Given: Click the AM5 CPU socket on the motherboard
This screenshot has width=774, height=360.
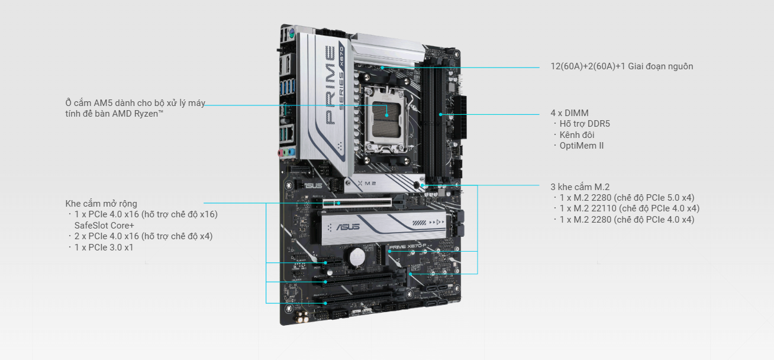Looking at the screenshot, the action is point(386,119).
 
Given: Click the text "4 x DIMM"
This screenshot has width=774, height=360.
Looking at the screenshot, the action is point(569,113).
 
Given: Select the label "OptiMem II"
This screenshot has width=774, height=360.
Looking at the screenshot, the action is point(582,146).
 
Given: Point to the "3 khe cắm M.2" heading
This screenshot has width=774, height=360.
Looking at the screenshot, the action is point(580,187).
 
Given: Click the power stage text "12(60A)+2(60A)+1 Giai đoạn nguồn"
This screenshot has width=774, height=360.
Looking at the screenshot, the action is point(621,66).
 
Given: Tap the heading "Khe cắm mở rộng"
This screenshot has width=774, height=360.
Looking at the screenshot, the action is point(101,204).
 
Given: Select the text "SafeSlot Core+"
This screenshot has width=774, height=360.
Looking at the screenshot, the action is point(104,226).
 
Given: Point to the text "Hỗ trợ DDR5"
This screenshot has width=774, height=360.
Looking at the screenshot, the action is point(585,124).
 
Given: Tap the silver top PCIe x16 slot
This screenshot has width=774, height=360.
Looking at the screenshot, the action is point(357,202).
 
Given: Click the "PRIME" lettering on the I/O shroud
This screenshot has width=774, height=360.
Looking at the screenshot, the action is point(330,85).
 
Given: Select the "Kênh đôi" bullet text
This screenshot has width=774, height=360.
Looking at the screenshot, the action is point(577,135).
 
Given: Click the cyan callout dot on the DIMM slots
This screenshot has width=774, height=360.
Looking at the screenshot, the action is point(441,114).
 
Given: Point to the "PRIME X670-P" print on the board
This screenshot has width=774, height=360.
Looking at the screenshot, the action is point(408,246).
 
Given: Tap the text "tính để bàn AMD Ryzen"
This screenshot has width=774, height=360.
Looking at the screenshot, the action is point(114,114).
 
